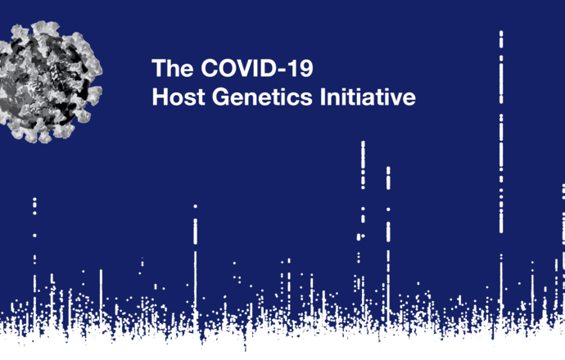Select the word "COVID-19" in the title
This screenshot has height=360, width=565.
[257, 68]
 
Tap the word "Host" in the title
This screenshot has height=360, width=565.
[179, 97]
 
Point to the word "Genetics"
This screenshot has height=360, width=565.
[262, 97]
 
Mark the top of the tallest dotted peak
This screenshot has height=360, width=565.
[501, 33]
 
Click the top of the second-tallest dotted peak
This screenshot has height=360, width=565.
[363, 143]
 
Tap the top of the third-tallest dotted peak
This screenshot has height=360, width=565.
[388, 169]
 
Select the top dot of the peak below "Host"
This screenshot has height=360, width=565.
[196, 206]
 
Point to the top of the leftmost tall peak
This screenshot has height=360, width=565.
[34, 199]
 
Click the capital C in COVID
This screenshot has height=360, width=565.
[210, 68]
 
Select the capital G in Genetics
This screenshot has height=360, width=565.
[221, 97]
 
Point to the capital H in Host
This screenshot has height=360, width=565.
[160, 97]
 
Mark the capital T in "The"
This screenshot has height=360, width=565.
[160, 68]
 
